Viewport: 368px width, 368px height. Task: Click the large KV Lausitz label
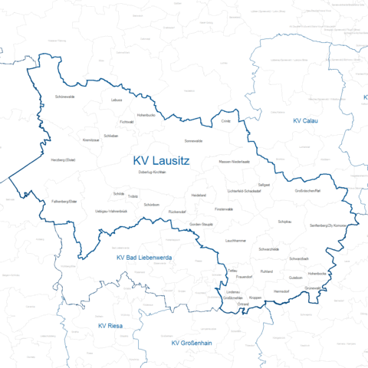tap(161, 161)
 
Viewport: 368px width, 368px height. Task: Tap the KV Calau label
tap(305, 121)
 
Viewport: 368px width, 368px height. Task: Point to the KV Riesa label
tap(111, 326)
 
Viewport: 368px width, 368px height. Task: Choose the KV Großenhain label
tap(192, 343)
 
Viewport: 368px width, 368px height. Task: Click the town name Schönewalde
tap(65, 97)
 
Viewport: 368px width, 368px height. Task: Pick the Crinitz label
tap(225, 121)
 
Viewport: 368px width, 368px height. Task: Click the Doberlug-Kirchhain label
tap(152, 172)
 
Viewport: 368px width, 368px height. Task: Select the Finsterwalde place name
tap(224, 209)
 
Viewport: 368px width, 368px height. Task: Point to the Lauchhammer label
tap(235, 241)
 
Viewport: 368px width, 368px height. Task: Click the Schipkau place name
tap(284, 221)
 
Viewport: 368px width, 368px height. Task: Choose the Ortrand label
tap(243, 304)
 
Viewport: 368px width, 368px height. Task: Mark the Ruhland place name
tap(267, 272)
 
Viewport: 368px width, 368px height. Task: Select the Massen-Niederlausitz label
tap(235, 163)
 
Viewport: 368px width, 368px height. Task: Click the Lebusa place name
tap(117, 100)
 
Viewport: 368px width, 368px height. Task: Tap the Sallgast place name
tap(264, 185)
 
